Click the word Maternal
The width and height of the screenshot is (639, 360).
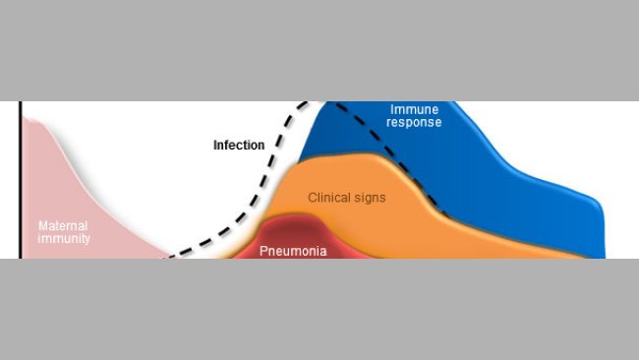pyautogui.click(x=63, y=225)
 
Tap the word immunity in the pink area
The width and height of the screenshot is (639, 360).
pyautogui.click(x=63, y=238)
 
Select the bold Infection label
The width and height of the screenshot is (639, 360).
pyautogui.click(x=239, y=146)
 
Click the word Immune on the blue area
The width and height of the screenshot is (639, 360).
pyautogui.click(x=414, y=109)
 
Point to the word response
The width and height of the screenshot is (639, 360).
pyautogui.click(x=414, y=123)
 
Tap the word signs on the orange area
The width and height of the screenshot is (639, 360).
pyautogui.click(x=372, y=198)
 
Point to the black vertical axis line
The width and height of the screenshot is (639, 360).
pyautogui.click(x=20, y=177)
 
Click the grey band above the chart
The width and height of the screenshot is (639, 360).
pyautogui.click(x=319, y=49)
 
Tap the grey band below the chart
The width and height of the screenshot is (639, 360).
pyautogui.click(x=319, y=310)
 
